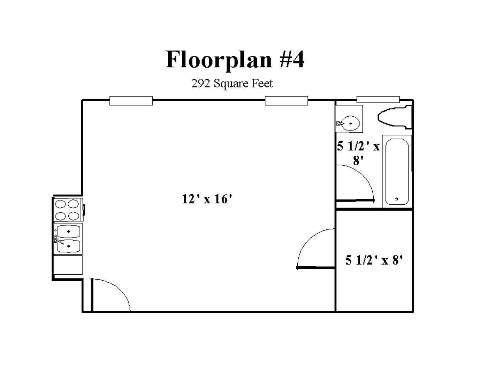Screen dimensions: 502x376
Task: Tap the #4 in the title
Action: (292, 59)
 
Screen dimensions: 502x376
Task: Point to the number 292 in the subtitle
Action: (201, 83)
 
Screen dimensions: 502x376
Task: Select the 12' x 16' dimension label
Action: (207, 199)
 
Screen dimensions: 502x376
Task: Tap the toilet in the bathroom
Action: (395, 117)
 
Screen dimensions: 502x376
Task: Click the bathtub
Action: (397, 171)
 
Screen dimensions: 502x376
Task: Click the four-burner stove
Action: (68, 210)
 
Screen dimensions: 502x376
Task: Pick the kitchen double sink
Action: (68, 239)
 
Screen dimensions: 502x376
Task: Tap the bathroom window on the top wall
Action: (378, 100)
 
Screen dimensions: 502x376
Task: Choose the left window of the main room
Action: (131, 101)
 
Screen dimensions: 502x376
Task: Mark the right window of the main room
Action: (286, 101)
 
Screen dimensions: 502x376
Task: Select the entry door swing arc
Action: (119, 289)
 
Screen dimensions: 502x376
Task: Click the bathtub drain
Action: (397, 199)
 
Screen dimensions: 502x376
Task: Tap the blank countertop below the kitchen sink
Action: (68, 265)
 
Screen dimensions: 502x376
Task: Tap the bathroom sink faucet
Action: (340, 124)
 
